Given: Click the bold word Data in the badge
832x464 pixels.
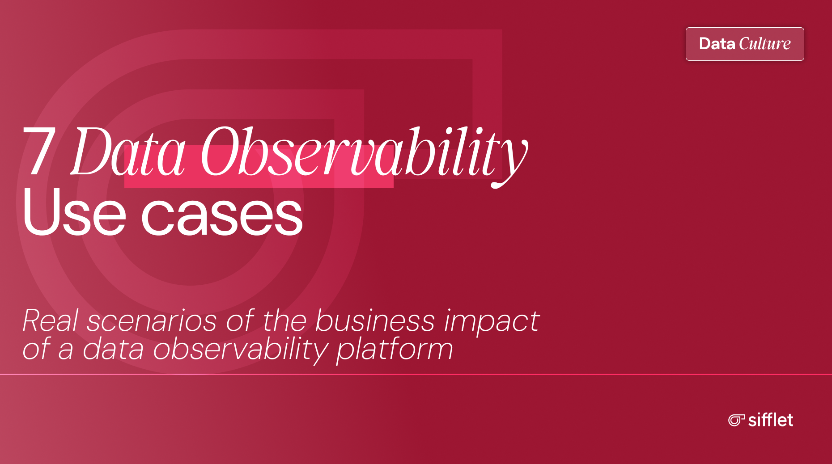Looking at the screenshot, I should click(x=717, y=44).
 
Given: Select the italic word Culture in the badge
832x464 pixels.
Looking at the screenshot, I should click(x=765, y=44).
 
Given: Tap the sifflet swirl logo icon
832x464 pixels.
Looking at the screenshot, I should click(x=736, y=420).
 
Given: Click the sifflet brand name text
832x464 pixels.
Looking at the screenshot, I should click(x=771, y=420).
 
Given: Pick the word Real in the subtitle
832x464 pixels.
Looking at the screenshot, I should click(x=51, y=321).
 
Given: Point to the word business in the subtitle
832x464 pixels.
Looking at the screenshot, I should click(x=375, y=321).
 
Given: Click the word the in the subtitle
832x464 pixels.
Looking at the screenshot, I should click(x=284, y=321).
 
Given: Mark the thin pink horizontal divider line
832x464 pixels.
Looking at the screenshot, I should click(x=416, y=374).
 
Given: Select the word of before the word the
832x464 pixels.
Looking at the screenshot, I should click(x=240, y=321).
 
